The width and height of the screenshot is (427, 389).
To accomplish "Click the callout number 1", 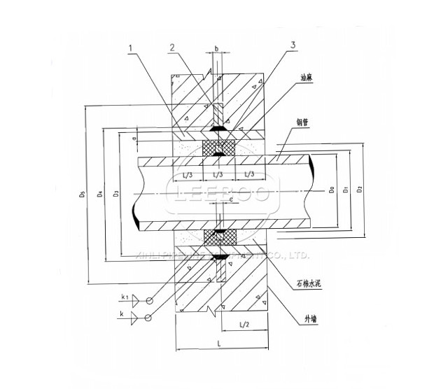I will (130, 48).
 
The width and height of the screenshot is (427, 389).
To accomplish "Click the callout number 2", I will (171, 48).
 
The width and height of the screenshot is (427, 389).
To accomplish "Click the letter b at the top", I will (216, 49).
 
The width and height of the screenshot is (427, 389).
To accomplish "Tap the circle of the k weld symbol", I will (148, 318).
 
